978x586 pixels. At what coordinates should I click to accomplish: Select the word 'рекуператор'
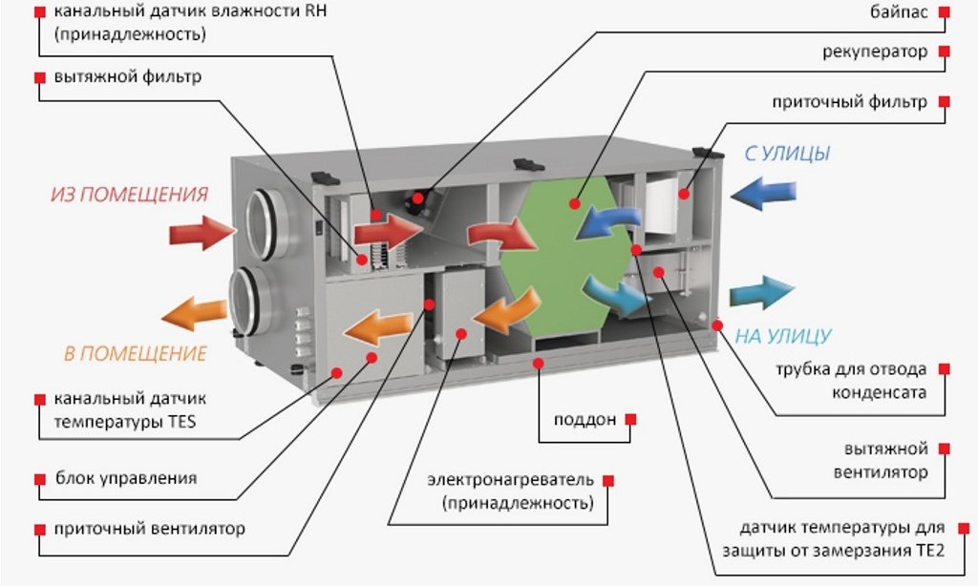click(x=875, y=52)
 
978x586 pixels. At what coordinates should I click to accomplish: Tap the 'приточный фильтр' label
click(x=849, y=101)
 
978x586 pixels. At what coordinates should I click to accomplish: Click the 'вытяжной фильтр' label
click(x=128, y=77)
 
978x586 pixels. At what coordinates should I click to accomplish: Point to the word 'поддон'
click(x=585, y=420)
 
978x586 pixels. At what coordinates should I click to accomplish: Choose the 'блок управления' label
click(x=126, y=478)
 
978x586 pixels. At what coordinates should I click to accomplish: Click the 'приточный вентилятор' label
click(x=149, y=529)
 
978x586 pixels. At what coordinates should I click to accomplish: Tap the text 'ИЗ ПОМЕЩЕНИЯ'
click(x=129, y=195)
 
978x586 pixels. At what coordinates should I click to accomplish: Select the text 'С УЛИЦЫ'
click(x=787, y=154)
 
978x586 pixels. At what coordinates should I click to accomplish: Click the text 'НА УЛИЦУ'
click(x=783, y=337)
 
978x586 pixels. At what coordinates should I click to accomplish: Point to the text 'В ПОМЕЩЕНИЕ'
click(x=135, y=353)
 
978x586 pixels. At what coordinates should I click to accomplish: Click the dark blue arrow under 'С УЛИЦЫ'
click(x=763, y=193)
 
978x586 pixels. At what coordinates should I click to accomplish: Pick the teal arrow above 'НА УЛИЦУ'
click(x=762, y=292)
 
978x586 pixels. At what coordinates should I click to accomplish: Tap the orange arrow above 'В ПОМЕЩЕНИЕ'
click(x=195, y=313)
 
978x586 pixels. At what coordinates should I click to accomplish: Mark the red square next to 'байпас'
click(x=945, y=11)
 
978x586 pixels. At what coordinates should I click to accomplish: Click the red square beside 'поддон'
click(x=630, y=420)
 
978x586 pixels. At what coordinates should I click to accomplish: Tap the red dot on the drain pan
click(x=539, y=363)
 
